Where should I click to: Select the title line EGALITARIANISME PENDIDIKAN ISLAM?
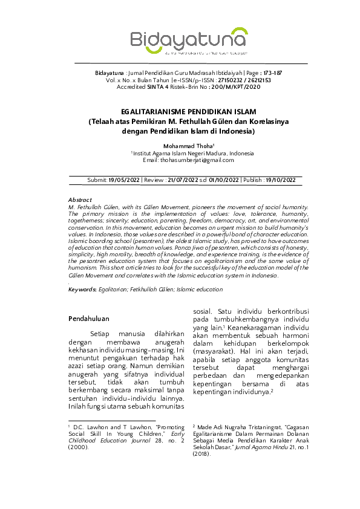189,112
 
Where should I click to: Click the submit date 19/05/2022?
124,180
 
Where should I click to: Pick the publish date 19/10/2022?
280,180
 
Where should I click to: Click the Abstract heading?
80,199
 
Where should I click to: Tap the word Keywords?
82,290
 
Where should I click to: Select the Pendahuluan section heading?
88,317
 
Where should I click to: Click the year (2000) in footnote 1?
79,447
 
